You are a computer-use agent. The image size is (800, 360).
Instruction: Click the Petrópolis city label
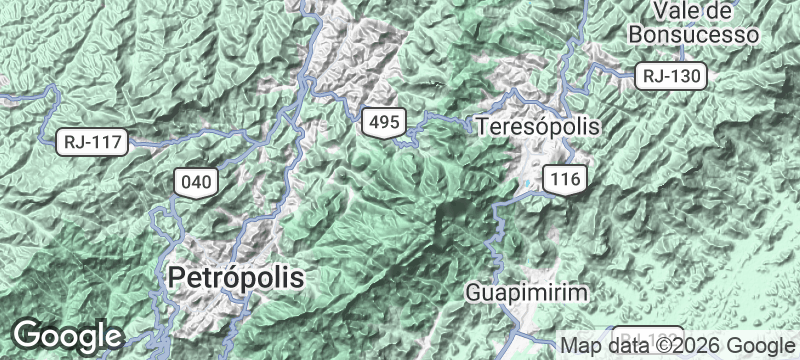pyautogui.click(x=236, y=277)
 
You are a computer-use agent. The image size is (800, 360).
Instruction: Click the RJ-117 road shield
pyautogui.click(x=92, y=142)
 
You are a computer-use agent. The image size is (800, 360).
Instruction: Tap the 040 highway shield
pyautogui.click(x=195, y=181)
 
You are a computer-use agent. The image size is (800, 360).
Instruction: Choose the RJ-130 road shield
pyautogui.click(x=672, y=75)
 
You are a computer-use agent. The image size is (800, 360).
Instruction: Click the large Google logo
pyautogui.click(x=67, y=335)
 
